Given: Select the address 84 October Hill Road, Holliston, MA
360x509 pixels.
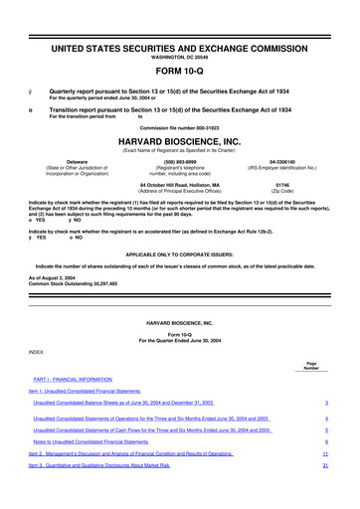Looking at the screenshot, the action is click(179, 184).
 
